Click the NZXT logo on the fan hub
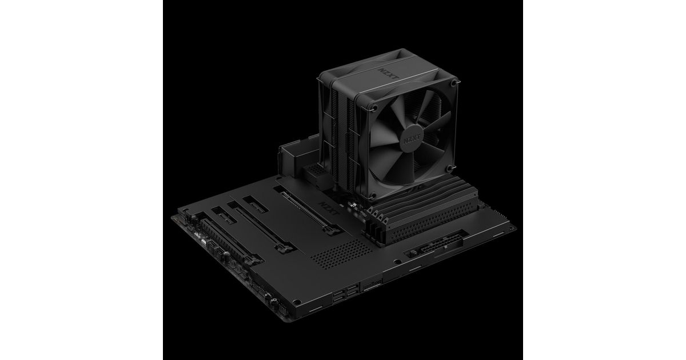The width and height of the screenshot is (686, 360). (412, 140)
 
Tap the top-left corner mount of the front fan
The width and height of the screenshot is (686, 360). (374, 107)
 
